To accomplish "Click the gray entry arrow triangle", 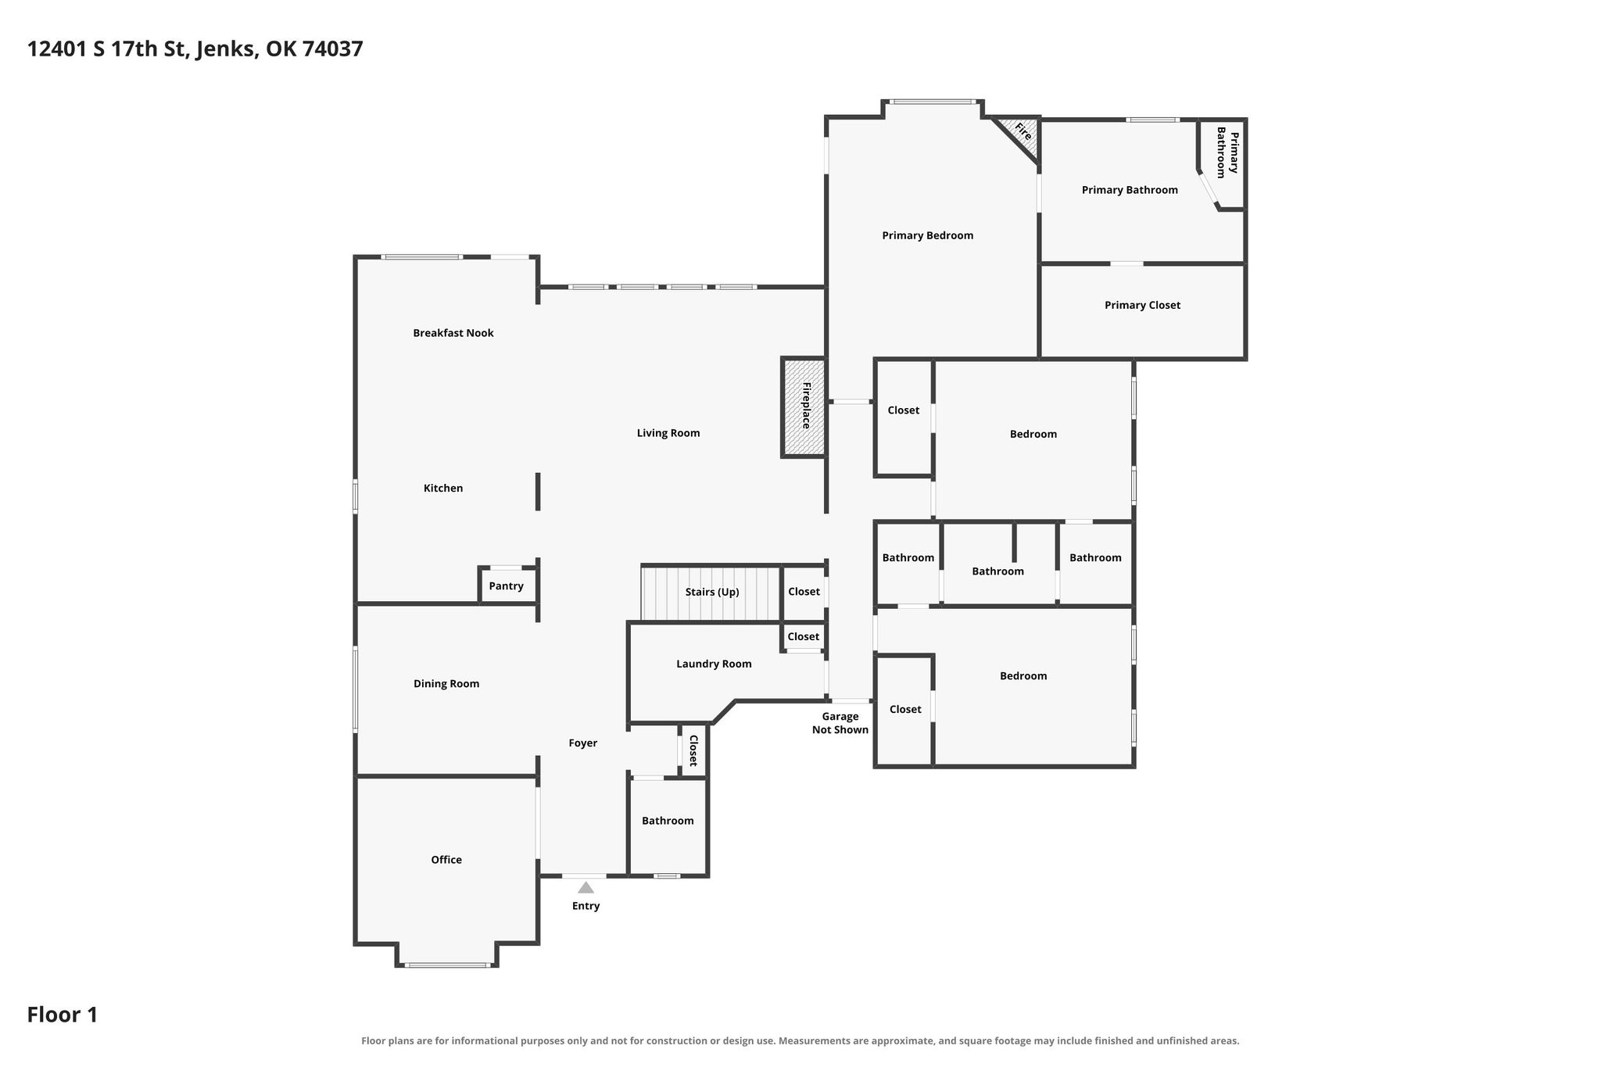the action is (x=586, y=887).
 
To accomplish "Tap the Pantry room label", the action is (x=506, y=586).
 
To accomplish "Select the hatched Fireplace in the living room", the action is (x=804, y=407).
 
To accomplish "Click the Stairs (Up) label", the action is (x=712, y=593).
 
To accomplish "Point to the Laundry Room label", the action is (x=714, y=664).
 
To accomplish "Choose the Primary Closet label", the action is (x=1142, y=306).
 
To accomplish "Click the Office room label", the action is (x=446, y=860).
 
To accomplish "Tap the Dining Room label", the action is (x=446, y=684).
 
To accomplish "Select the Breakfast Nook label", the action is (x=453, y=333).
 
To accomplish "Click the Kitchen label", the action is (x=443, y=489).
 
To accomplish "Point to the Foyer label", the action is (x=583, y=743).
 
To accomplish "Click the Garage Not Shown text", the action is (x=840, y=723).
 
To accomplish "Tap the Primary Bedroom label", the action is (x=928, y=235).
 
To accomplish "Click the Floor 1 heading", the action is (x=63, y=1015).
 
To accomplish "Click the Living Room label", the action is (x=668, y=433).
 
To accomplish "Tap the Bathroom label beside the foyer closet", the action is (x=668, y=821).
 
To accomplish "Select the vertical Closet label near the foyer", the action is (x=693, y=750).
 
